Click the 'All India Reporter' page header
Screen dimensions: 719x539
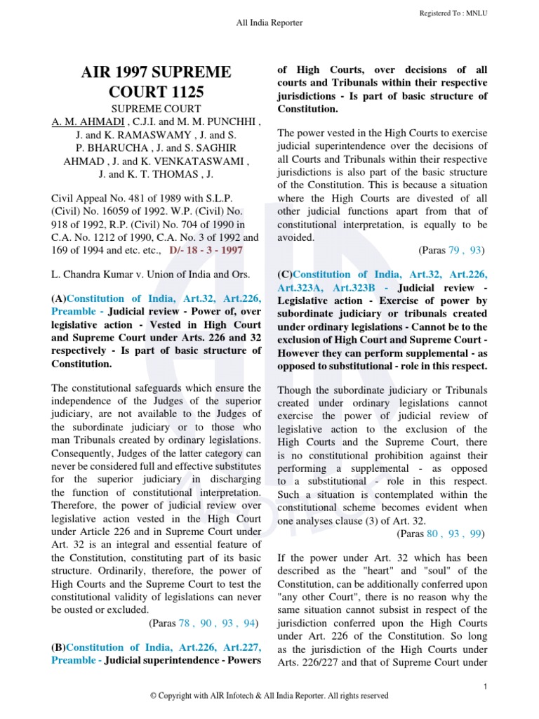pyautogui.click(x=269, y=23)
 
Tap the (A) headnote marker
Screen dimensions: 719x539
pyautogui.click(x=58, y=298)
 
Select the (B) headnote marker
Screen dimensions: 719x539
pyautogui.click(x=58, y=647)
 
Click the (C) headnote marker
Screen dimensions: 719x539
pyautogui.click(x=285, y=275)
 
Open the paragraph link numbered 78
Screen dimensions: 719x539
pyautogui.click(x=185, y=622)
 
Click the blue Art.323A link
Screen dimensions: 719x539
pyautogui.click(x=301, y=288)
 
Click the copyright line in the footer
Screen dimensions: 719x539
pyautogui.click(x=269, y=696)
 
